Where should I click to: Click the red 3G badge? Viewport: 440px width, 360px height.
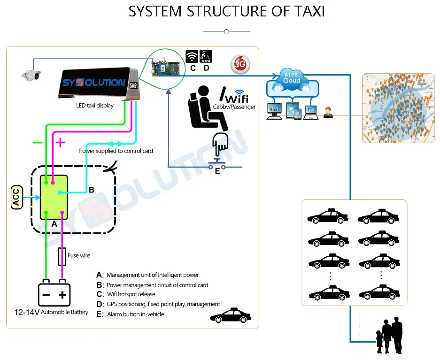pyautogui.click(x=240, y=64)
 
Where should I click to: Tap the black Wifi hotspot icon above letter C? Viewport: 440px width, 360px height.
pyautogui.click(x=192, y=57)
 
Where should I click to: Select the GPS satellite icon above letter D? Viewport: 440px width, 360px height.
pyautogui.click(x=206, y=57)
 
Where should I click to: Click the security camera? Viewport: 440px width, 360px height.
pyautogui.click(x=31, y=75)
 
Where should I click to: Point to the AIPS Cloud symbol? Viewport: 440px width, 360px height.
pyautogui.click(x=292, y=79)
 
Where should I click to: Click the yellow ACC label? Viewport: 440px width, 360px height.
pyautogui.click(x=16, y=197)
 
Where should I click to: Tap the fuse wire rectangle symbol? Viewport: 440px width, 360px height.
pyautogui.click(x=62, y=257)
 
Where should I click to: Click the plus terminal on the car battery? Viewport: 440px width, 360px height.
pyautogui.click(x=62, y=295)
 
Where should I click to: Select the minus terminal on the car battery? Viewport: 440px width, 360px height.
pyautogui.click(x=46, y=295)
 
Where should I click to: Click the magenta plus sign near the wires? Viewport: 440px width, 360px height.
pyautogui.click(x=60, y=142)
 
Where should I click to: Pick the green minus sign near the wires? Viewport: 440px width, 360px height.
pyautogui.click(x=37, y=143)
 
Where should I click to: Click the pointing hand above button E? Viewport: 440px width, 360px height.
pyautogui.click(x=220, y=144)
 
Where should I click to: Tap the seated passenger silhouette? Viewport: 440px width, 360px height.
pyautogui.click(x=207, y=108)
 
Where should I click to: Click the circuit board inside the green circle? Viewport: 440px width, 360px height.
pyautogui.click(x=166, y=69)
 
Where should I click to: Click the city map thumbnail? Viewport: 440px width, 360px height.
pyautogui.click(x=398, y=108)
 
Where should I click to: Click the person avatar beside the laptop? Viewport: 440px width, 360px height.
pyautogui.click(x=328, y=112)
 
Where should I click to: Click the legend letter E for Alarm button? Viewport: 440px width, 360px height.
pyautogui.click(x=100, y=314)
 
